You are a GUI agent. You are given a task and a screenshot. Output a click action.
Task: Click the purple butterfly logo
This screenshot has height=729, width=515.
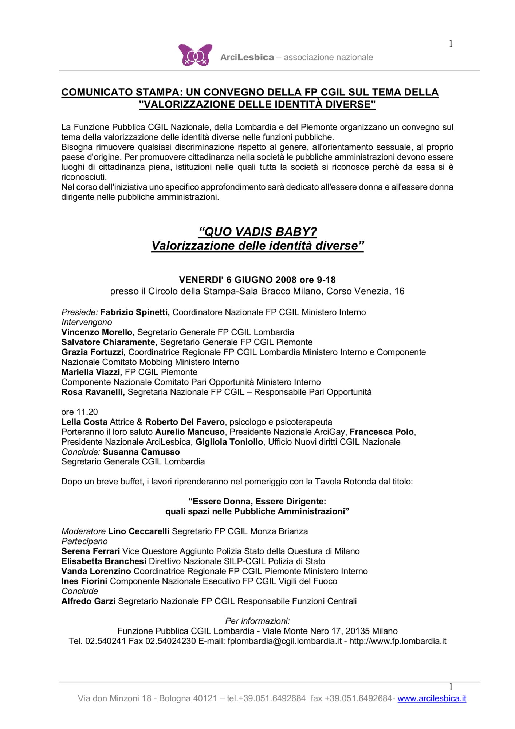click(x=195, y=55)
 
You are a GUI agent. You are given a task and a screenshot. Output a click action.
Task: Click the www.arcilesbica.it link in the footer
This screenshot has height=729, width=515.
click(x=432, y=698)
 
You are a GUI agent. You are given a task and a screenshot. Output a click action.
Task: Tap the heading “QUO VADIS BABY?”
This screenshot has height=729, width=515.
click(x=257, y=232)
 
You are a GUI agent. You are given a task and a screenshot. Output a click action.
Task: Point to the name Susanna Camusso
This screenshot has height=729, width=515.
click(x=141, y=452)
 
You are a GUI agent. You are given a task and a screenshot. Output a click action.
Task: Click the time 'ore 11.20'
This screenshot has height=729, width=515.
click(x=79, y=412)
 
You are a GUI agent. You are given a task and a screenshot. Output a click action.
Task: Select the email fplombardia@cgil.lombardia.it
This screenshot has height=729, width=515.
click(x=284, y=641)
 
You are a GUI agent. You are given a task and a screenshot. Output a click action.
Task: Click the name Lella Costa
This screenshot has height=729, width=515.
click(x=84, y=422)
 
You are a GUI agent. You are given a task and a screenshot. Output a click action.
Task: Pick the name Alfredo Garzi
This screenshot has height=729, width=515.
click(x=89, y=601)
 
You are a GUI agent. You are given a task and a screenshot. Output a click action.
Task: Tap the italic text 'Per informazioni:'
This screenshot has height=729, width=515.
click(x=257, y=621)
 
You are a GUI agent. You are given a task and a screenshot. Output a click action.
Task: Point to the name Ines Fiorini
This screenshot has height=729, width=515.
click(x=84, y=581)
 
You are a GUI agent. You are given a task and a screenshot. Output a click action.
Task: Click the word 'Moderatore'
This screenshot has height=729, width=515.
click(x=83, y=531)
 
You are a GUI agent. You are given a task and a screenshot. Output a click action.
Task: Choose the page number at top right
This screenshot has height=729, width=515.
click(x=451, y=44)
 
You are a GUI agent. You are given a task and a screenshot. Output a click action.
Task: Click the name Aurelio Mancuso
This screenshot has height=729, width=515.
click(x=190, y=432)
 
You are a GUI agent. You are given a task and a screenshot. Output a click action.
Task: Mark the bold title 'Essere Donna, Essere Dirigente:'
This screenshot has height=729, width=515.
click(x=257, y=502)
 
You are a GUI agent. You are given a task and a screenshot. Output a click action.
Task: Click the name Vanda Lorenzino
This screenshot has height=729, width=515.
click(x=96, y=571)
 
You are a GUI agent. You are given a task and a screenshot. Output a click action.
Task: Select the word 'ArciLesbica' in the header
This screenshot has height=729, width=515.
click(x=247, y=57)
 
